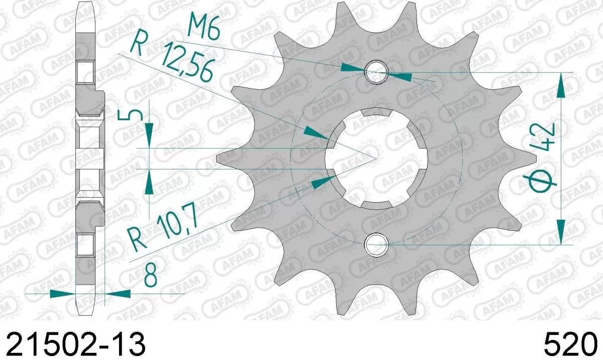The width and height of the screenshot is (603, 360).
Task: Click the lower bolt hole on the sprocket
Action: [x=377, y=245]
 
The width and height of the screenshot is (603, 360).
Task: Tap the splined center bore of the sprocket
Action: [x=377, y=158]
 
